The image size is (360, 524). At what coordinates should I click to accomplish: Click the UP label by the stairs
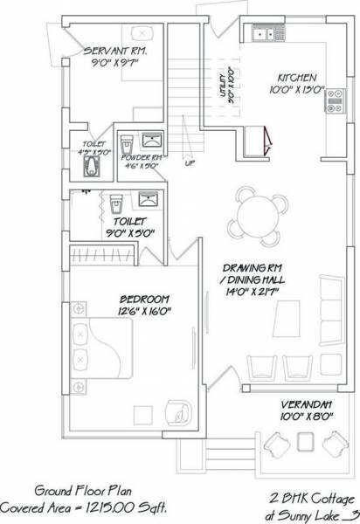click(189, 162)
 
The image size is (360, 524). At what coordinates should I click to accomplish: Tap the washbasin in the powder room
click(153, 139)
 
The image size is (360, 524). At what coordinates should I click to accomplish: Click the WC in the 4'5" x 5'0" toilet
click(90, 162)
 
